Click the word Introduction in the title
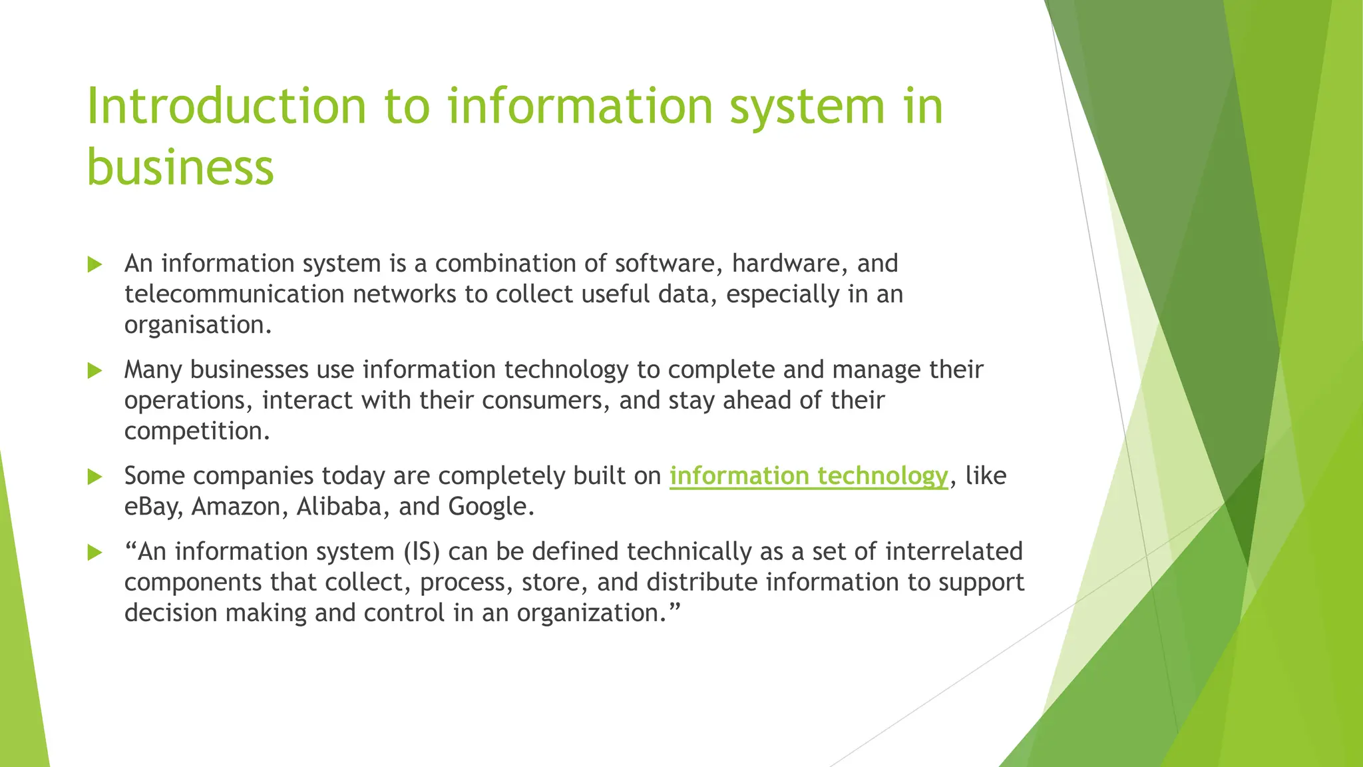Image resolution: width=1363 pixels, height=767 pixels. [x=226, y=107]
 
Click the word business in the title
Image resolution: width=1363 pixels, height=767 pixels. [x=180, y=166]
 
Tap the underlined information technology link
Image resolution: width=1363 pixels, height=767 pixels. [x=808, y=476]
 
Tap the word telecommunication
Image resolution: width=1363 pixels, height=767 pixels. [x=234, y=294]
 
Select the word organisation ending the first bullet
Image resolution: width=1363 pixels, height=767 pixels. [x=197, y=326]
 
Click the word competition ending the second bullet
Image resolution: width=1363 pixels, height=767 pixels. [x=196, y=431]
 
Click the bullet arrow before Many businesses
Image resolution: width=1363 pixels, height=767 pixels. [x=95, y=371]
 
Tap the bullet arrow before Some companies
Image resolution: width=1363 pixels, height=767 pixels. [x=95, y=477]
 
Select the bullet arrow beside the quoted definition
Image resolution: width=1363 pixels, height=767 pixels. [x=95, y=553]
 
